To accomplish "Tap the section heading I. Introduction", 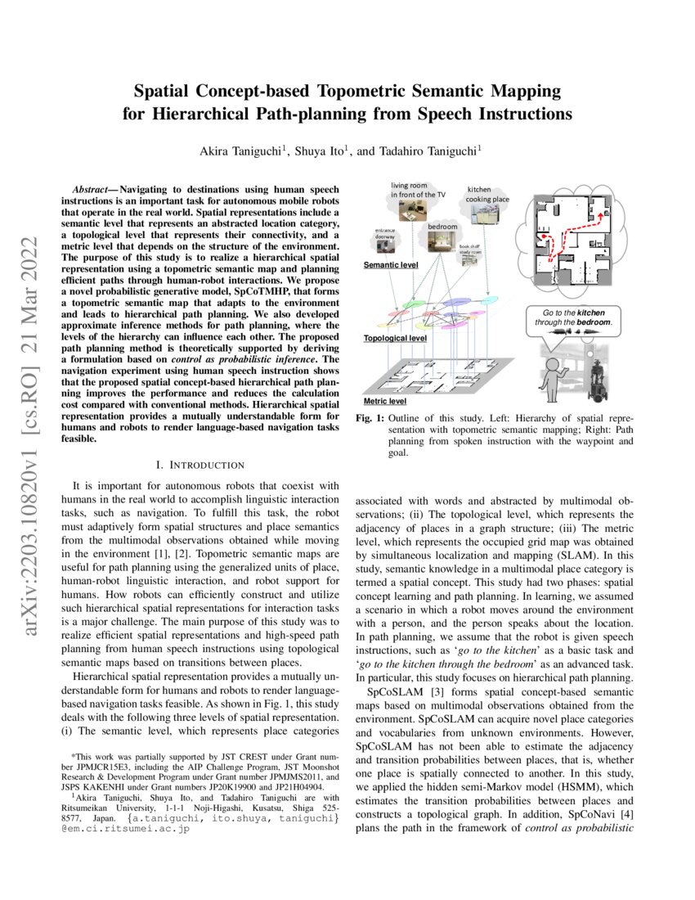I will (x=188, y=466).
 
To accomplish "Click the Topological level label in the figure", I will (x=395, y=337).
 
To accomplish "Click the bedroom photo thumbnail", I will (x=442, y=241).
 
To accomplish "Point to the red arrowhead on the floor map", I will (x=605, y=215).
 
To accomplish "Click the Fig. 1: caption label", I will (x=370, y=419).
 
